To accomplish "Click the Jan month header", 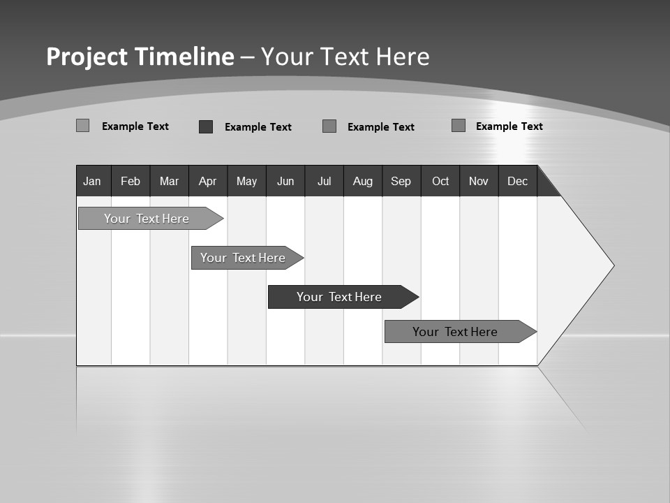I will click(x=93, y=181).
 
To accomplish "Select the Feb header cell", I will click(x=131, y=181).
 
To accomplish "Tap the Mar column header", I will click(x=169, y=181).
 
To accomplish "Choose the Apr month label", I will click(x=208, y=181).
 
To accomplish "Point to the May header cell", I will click(x=246, y=181).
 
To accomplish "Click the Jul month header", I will click(x=324, y=181).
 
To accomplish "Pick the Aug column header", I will click(x=363, y=181).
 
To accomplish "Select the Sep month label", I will click(x=401, y=181).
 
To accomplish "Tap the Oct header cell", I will click(x=440, y=181).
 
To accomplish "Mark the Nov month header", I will click(x=479, y=181).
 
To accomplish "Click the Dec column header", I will click(x=518, y=181).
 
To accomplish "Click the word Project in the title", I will click(x=87, y=57).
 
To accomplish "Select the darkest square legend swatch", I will click(x=206, y=126).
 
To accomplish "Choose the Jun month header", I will click(x=285, y=181).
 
